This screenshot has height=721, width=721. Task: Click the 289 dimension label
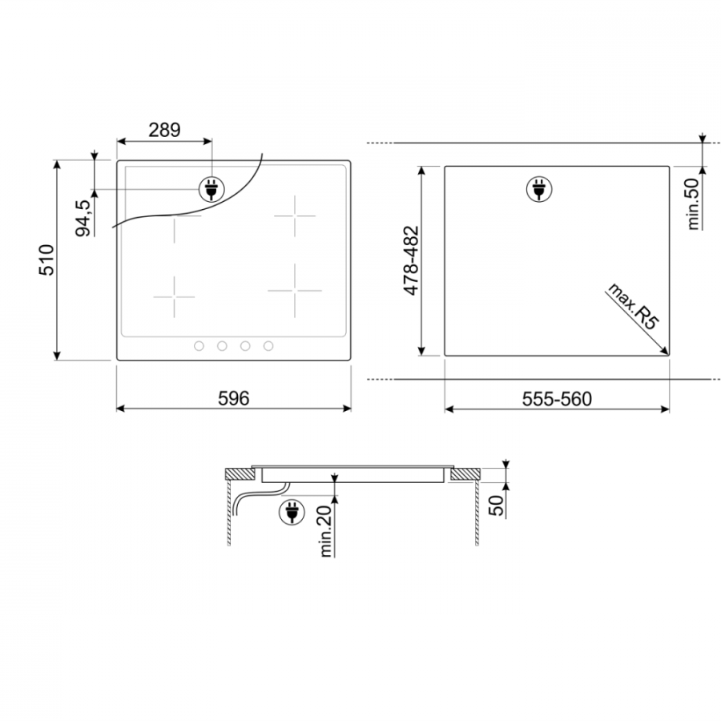164,130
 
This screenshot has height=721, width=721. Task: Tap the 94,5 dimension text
83,218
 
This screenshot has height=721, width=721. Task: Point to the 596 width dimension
234,398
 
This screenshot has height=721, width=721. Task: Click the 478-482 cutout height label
411,260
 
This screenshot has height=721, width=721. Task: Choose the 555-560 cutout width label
557,399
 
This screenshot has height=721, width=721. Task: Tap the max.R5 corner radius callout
633,306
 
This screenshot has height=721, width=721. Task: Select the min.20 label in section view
325,532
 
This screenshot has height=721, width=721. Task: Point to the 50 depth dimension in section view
496,506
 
